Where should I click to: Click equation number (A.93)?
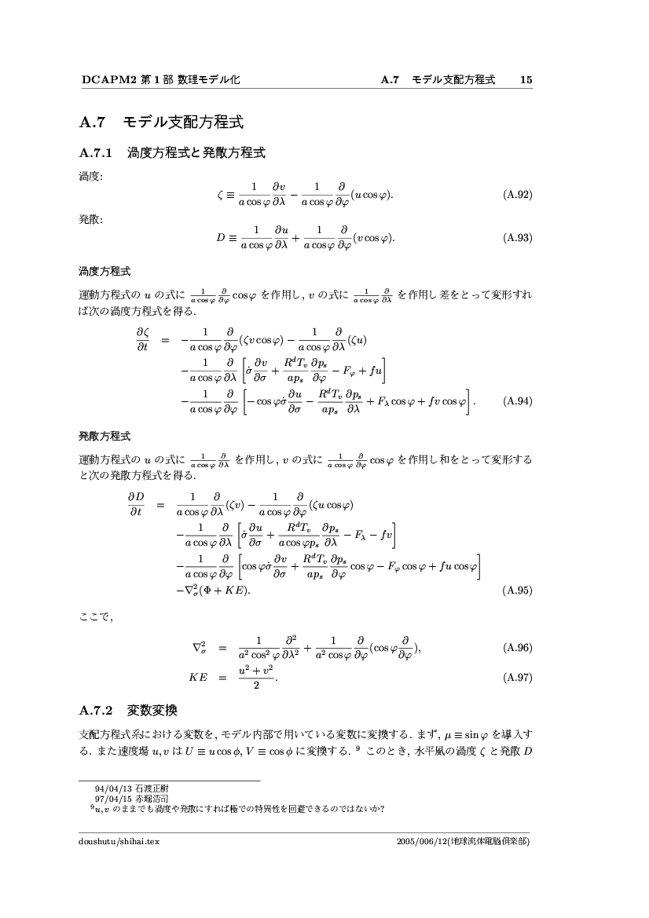tap(518, 237)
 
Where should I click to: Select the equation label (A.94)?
tap(518, 400)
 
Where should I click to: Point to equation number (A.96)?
tap(518, 648)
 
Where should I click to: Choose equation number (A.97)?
tap(518, 678)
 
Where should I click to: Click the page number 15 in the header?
tap(526, 79)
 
